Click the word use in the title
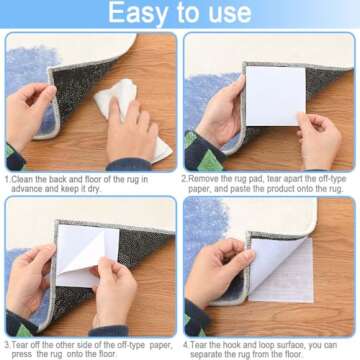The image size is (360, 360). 227,13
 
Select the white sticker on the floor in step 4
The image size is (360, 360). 281,268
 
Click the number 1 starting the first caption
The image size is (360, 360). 7,179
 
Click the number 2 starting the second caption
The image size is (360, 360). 184,179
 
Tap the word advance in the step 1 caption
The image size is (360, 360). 27,189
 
